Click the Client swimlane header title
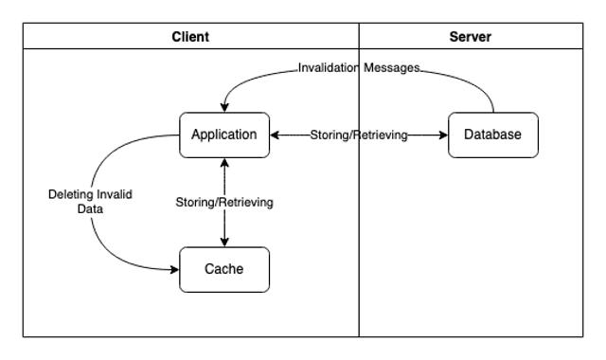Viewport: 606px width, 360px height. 190,37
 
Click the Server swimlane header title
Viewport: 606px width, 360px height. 472,37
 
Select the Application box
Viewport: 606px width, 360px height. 224,135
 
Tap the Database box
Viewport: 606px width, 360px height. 492,135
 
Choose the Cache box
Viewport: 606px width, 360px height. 224,269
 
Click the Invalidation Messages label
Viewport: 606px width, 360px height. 359,68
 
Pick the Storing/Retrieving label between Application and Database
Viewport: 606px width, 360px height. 359,135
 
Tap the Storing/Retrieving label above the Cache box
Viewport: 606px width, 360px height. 224,202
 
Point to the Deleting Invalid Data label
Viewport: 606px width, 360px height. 90,201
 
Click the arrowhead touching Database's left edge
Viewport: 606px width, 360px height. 442,135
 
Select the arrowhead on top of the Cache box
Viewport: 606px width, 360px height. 224,242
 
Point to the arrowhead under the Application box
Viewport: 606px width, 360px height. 224,163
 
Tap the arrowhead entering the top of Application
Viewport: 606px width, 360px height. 224,106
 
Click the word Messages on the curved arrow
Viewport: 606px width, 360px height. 391,68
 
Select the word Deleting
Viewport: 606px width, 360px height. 71,194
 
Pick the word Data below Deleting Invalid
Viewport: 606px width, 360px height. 90,208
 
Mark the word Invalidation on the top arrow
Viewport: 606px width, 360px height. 329,68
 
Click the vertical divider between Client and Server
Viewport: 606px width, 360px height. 359,237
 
